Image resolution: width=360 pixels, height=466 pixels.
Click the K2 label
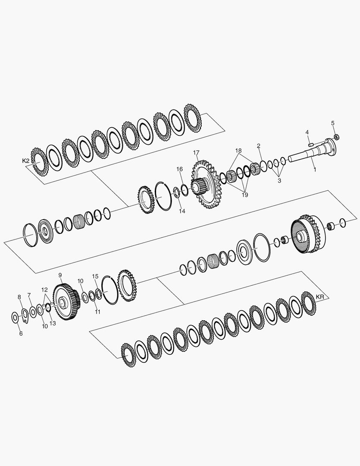click(26, 161)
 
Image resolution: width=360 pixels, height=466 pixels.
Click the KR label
click(320, 297)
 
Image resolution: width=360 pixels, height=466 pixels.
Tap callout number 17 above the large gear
click(196, 153)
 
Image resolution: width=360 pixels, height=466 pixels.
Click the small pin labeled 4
click(311, 145)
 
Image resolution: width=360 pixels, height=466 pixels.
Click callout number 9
click(60, 275)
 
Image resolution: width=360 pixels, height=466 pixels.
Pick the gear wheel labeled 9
click(66, 301)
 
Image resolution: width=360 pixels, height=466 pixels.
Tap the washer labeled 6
click(14, 318)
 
